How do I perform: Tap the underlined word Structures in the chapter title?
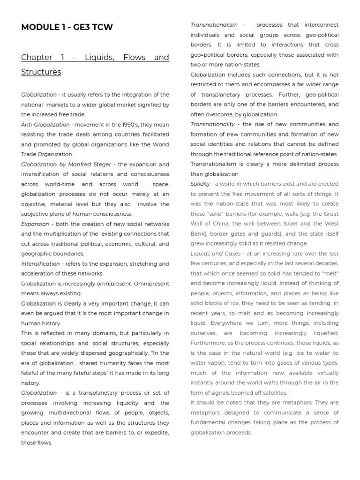(41, 72)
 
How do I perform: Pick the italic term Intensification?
(40, 263)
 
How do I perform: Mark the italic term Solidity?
(200, 184)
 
